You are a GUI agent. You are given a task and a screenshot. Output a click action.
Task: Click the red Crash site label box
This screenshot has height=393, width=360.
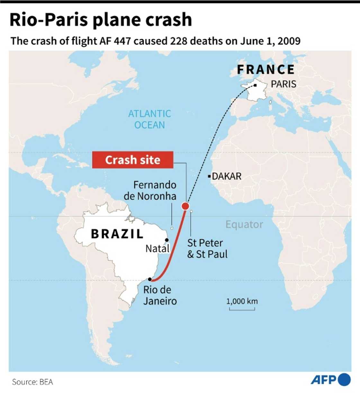pyautogui.click(x=133, y=160)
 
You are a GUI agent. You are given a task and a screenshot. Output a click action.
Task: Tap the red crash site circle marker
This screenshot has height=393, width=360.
pyautogui.click(x=185, y=206)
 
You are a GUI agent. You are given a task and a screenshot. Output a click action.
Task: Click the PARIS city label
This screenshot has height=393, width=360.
pyautogui.click(x=283, y=84)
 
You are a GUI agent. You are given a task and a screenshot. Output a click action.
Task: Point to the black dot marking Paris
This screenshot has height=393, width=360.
pyautogui.click(x=255, y=85)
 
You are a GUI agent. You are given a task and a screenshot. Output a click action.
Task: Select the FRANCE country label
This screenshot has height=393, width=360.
pyautogui.click(x=266, y=69)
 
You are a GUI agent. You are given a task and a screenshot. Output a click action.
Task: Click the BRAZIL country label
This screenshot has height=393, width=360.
pyautogui.click(x=117, y=234)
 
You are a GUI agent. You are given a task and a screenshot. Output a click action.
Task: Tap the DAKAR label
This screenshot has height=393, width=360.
pyautogui.click(x=227, y=176)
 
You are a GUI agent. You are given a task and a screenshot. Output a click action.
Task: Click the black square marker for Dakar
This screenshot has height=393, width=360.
pyautogui.click(x=209, y=176)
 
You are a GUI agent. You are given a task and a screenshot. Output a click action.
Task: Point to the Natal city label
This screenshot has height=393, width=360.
pyautogui.click(x=157, y=249)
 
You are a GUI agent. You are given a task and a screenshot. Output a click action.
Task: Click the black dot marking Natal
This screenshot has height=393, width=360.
pyautogui.click(x=167, y=240)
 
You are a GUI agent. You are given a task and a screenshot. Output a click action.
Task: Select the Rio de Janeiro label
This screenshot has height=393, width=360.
pyautogui.click(x=160, y=295)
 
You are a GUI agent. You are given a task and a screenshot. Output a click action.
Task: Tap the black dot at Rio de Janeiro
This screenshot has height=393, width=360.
pyautogui.click(x=150, y=279)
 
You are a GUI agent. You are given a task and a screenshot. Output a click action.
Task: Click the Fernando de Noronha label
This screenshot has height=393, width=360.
pyautogui.click(x=150, y=190)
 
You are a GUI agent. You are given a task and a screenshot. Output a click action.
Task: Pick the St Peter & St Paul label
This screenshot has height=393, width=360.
pyautogui.click(x=207, y=248)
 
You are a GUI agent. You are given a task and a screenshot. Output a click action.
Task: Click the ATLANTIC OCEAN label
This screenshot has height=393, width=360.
pyautogui.click(x=149, y=119)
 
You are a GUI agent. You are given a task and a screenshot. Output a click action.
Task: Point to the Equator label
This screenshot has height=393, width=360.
pyautogui.click(x=244, y=224)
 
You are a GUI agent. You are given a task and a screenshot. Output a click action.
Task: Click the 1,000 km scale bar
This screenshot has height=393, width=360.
pyautogui.click(x=242, y=309)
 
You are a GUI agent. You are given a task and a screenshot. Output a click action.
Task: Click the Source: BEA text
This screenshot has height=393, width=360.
pyautogui.click(x=32, y=382)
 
